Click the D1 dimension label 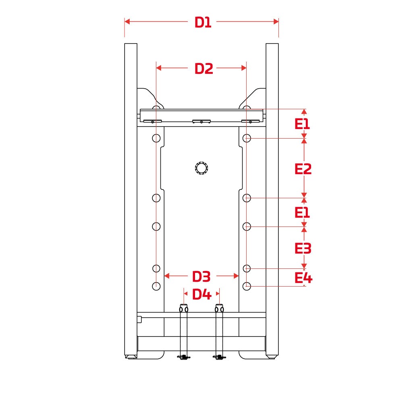(203, 22)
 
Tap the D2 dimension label (204, 69)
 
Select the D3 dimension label (201, 276)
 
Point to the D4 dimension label (202, 294)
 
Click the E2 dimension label (303, 169)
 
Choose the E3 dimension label (303, 249)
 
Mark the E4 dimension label (303, 278)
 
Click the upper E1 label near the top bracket (302, 124)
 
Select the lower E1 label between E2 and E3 (302, 213)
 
